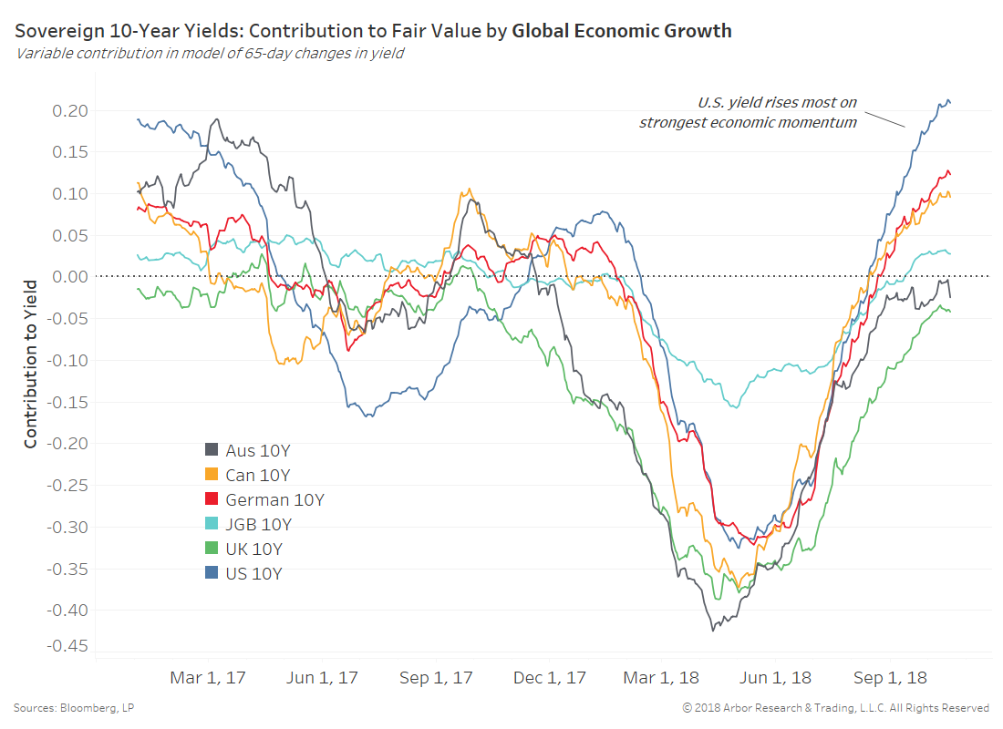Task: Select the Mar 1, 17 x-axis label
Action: pos(208,678)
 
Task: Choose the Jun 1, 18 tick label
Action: pos(776,678)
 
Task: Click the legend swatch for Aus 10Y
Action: pos(212,450)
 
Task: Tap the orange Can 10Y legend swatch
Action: pos(212,475)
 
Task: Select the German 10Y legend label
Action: pos(274,499)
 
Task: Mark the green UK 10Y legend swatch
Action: pos(212,549)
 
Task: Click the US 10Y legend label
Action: pos(253,574)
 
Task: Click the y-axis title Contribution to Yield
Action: pos(31,363)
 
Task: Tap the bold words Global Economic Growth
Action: pos(621,31)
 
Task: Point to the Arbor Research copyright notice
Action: pos(835,708)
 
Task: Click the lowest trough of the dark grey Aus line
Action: pos(714,629)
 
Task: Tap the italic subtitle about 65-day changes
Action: pos(209,53)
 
